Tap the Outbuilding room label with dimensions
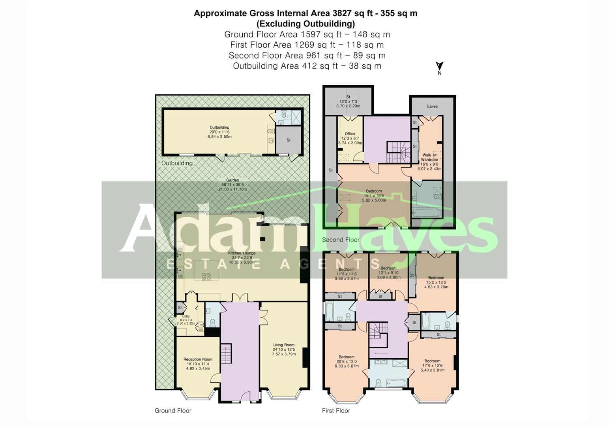(x=219, y=132)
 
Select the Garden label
(x=232, y=185)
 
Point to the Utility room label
(x=186, y=319)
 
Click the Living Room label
(x=284, y=349)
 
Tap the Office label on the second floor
(x=350, y=138)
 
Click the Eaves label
(x=432, y=106)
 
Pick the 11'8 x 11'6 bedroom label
(x=347, y=274)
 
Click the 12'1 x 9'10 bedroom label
(x=388, y=273)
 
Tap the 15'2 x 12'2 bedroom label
(x=436, y=282)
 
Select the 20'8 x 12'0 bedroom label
(x=347, y=361)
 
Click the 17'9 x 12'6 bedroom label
(x=432, y=365)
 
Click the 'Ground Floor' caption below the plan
(x=173, y=411)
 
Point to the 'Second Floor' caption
(x=341, y=240)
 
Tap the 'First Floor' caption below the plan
(x=336, y=411)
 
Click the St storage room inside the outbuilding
(x=289, y=140)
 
